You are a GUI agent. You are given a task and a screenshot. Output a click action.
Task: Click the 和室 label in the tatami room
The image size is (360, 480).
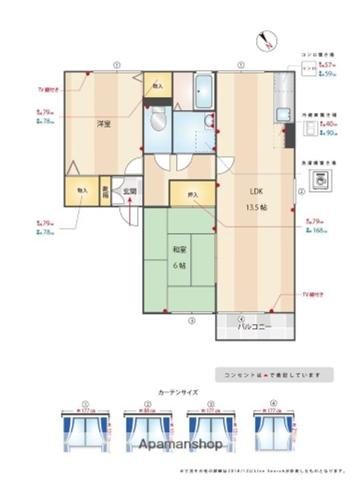pyautogui.click(x=179, y=250)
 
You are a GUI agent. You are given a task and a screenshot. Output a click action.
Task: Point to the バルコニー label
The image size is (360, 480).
pyautogui.click(x=255, y=327)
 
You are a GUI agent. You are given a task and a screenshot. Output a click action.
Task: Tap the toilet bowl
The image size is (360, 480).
pyautogui.click(x=159, y=121)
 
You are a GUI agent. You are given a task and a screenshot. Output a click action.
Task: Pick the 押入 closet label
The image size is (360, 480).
pyautogui.click(x=193, y=195)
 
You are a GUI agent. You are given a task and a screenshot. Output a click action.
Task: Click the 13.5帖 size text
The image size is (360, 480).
pyautogui.click(x=258, y=207)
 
